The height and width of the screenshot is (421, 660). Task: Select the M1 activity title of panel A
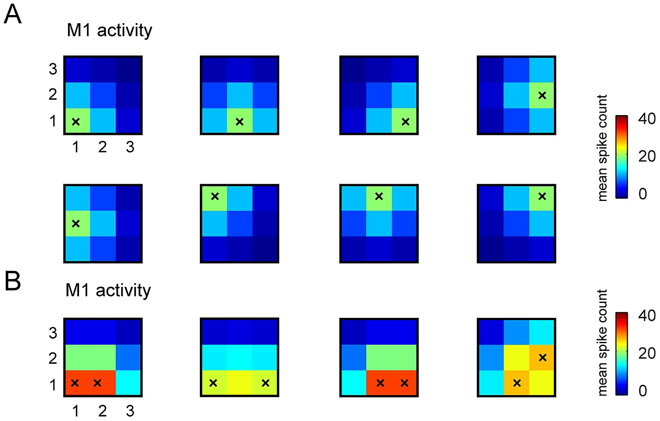[109, 30]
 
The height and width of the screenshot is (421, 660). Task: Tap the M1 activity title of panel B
[108, 290]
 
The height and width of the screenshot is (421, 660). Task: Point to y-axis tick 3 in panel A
[53, 69]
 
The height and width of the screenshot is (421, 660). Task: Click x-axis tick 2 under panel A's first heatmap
[103, 147]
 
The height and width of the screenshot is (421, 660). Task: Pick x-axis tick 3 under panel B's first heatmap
[130, 411]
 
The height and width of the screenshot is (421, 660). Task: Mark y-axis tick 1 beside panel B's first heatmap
[53, 385]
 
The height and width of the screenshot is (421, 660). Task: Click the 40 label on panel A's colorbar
[647, 119]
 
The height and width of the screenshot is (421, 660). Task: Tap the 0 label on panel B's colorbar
[643, 391]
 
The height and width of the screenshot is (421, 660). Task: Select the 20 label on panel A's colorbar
[647, 156]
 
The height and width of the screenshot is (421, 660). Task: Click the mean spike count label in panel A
[602, 148]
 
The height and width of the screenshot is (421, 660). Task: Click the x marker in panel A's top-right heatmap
[542, 95]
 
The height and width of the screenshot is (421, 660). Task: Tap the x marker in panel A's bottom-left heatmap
[76, 223]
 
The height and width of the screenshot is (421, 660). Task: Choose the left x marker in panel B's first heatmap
[75, 383]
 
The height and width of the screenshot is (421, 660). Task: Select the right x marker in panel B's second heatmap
[266, 383]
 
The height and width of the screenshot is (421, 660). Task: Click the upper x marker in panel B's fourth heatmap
[542, 357]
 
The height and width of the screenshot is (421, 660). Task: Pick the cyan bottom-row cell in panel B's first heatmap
[129, 383]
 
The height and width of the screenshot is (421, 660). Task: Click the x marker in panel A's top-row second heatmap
[239, 121]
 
